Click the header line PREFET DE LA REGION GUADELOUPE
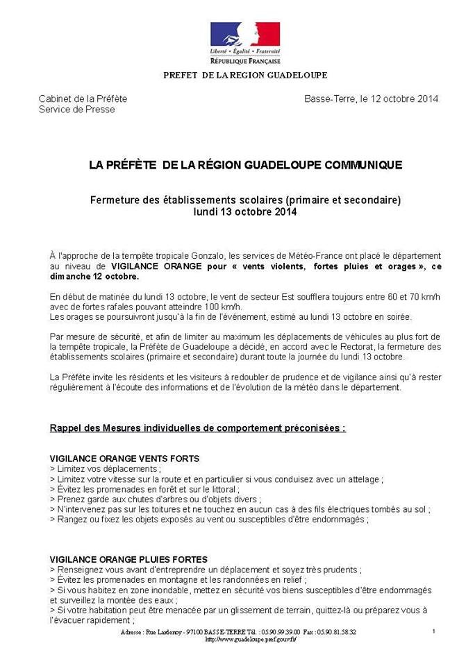click(x=245, y=75)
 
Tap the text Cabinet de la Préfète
click(x=83, y=99)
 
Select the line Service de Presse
click(x=76, y=109)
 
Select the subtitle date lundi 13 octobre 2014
click(x=245, y=212)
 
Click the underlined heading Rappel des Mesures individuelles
click(x=197, y=428)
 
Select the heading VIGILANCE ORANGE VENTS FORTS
click(x=124, y=459)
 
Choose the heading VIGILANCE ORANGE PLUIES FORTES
click(x=128, y=559)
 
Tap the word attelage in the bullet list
click(x=364, y=479)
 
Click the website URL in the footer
click(x=251, y=639)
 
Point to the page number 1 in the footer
click(x=433, y=631)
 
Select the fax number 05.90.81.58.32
click(x=338, y=632)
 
